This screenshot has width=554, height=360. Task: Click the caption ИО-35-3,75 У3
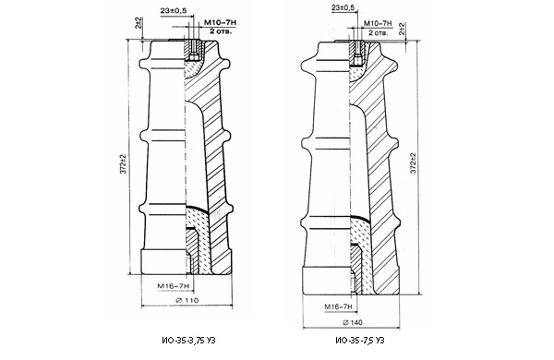click(x=188, y=341)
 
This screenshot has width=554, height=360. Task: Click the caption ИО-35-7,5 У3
click(x=360, y=341)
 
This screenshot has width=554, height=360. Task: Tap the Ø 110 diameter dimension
click(x=187, y=301)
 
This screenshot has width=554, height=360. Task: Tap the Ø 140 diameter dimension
click(x=353, y=322)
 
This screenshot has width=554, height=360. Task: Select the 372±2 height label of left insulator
click(x=123, y=164)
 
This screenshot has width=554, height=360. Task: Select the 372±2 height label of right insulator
click(x=413, y=163)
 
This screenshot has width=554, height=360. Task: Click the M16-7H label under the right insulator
click(x=339, y=307)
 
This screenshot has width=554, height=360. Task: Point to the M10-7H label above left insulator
click(x=220, y=23)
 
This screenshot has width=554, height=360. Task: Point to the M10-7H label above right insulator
click(x=378, y=23)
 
